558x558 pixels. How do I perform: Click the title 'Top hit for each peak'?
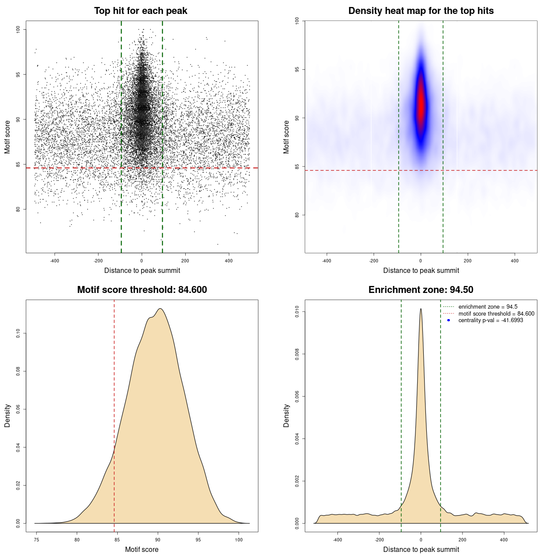(x=140, y=11)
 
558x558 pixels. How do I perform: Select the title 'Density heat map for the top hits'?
(x=421, y=11)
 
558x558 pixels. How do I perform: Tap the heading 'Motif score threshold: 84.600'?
(x=142, y=290)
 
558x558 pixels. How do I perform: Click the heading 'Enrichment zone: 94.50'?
(x=421, y=290)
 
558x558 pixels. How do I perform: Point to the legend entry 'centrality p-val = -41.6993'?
(x=490, y=320)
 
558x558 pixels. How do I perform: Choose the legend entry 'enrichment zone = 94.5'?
(x=488, y=307)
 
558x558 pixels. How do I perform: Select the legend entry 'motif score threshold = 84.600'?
(x=496, y=314)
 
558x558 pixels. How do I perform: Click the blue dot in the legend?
(x=449, y=320)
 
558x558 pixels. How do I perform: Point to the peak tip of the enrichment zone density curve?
(x=421, y=309)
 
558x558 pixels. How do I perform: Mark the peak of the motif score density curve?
(x=160, y=309)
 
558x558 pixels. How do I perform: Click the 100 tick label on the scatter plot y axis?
(x=18, y=29)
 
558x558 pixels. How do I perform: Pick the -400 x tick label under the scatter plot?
(x=54, y=261)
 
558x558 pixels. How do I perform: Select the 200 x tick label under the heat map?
(x=468, y=261)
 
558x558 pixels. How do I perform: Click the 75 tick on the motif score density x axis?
(x=37, y=540)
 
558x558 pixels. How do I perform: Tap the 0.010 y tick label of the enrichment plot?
(x=297, y=312)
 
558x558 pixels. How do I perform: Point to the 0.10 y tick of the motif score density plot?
(x=18, y=333)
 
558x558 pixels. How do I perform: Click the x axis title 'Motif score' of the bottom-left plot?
(x=142, y=549)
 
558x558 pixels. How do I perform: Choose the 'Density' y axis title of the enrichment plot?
(x=286, y=415)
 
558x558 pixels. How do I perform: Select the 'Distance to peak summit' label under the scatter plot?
(x=142, y=270)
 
